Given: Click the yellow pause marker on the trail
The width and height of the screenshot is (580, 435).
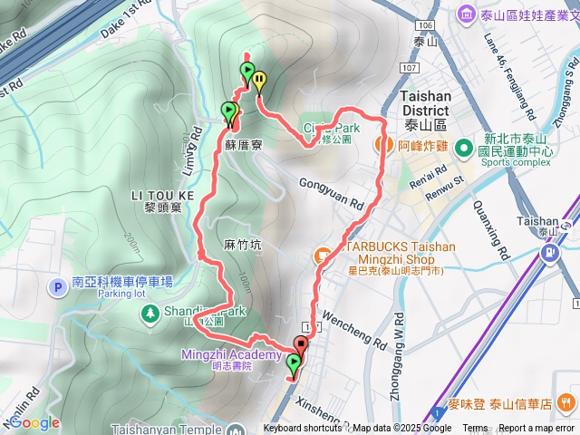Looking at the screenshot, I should tap(260, 80).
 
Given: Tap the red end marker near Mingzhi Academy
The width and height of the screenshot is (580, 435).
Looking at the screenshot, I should tap(300, 344).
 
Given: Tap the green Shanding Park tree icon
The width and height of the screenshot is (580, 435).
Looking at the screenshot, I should tap(147, 313).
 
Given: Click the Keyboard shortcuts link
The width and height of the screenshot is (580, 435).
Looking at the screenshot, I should tap(303, 429).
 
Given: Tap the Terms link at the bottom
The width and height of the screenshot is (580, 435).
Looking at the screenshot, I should tap(474, 429).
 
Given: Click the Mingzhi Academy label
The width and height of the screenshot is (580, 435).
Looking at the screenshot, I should tap(231, 354).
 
